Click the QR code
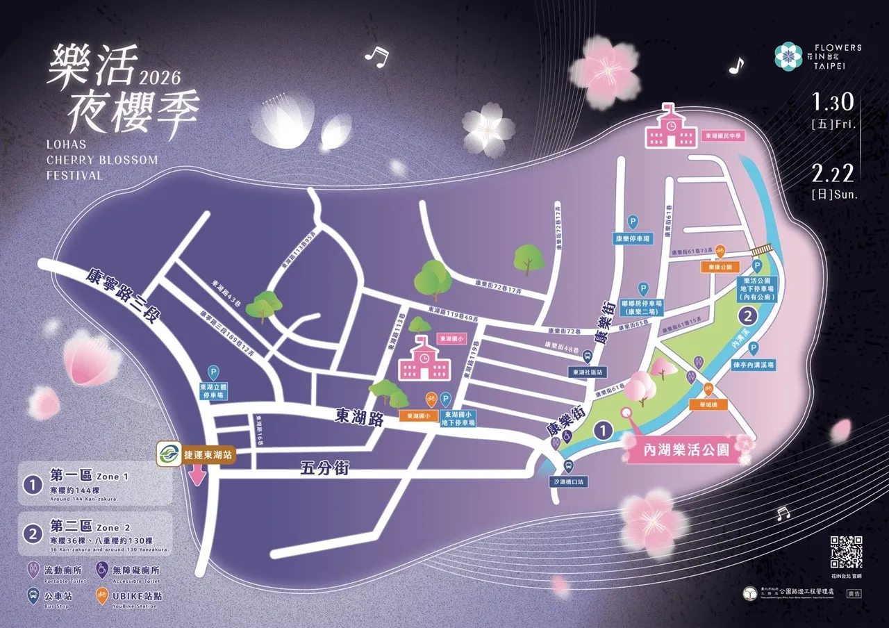[846, 552]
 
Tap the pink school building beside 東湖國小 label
[423, 359]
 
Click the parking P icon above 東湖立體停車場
[214, 373]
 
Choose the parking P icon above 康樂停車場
[633, 222]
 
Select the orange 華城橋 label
[707, 403]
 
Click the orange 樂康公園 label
[721, 266]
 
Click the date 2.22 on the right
[833, 173]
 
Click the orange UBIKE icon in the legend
[101, 595]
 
